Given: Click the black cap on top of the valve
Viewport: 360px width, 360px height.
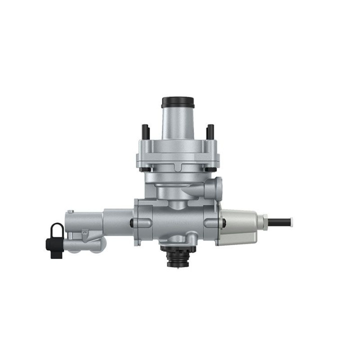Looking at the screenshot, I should point(177,101).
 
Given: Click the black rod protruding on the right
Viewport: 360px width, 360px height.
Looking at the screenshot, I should point(281,220).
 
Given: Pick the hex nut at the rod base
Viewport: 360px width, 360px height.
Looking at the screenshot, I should point(261,220).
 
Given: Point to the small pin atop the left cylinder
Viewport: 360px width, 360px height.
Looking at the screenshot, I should point(70,211).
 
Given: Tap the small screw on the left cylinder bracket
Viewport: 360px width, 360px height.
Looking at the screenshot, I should point(85,231).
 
